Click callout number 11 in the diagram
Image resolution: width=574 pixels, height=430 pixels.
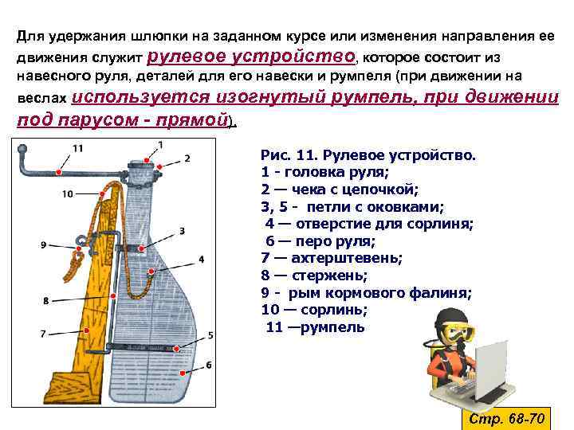[77, 148]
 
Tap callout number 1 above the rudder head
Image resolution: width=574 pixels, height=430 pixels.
[161, 144]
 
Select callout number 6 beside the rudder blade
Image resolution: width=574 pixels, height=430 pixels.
[209, 365]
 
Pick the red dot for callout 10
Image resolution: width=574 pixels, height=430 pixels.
[104, 192]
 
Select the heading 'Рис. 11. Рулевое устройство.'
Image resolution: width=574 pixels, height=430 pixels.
[368, 154]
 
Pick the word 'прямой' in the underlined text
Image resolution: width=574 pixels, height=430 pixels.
[195, 119]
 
